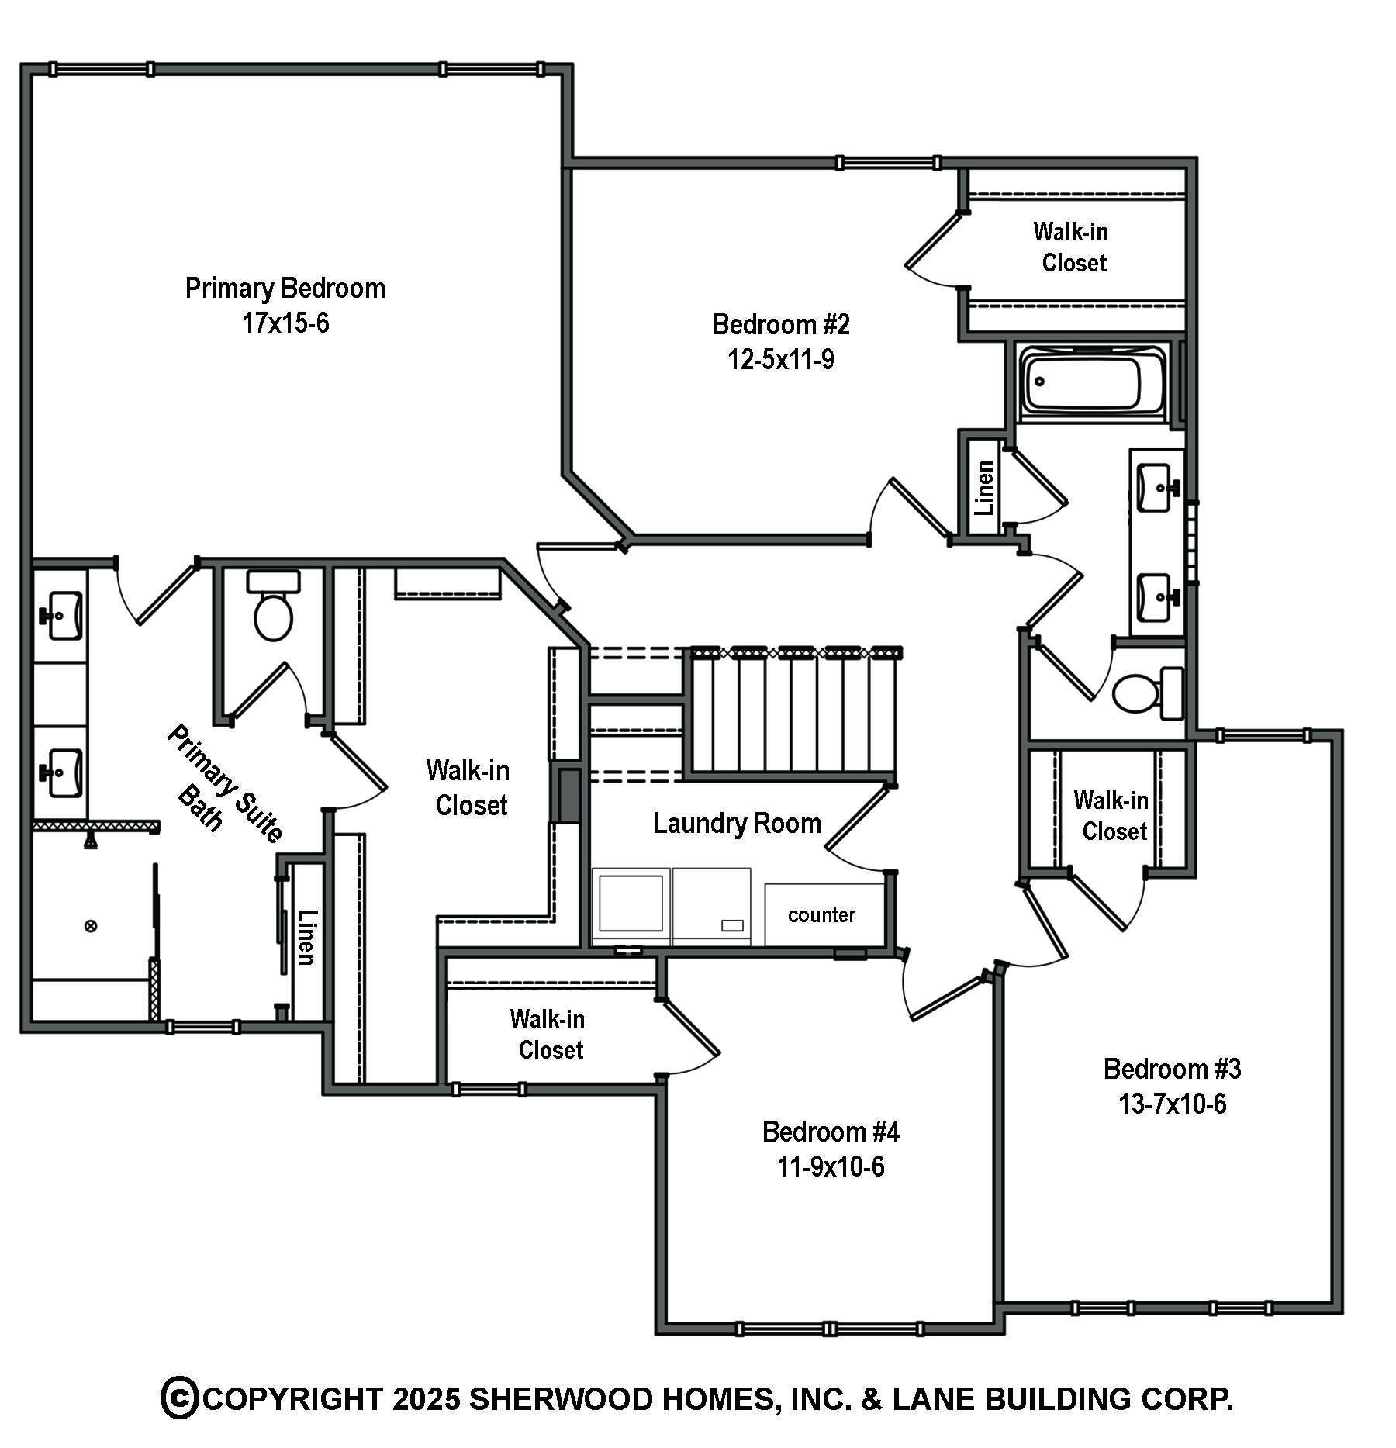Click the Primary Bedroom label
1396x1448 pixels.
[x=285, y=289]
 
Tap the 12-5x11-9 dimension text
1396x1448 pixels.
[x=780, y=360]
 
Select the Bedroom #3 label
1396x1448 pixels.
[x=1172, y=1069]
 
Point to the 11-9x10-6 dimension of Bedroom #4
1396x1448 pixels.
[x=831, y=1166]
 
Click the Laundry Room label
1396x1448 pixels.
[x=737, y=823]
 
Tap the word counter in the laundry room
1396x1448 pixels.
[x=821, y=915]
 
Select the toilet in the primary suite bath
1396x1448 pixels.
[x=273, y=605]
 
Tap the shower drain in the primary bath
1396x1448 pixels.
[x=91, y=925]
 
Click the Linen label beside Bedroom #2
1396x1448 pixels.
[x=984, y=488]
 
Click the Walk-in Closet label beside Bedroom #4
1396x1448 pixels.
[x=548, y=1034]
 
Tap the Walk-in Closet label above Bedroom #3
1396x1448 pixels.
[x=1112, y=815]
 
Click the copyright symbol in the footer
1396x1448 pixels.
[x=180, y=1398]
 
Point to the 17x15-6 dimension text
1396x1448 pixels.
[x=285, y=323]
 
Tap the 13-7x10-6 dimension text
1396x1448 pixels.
[x=1172, y=1103]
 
